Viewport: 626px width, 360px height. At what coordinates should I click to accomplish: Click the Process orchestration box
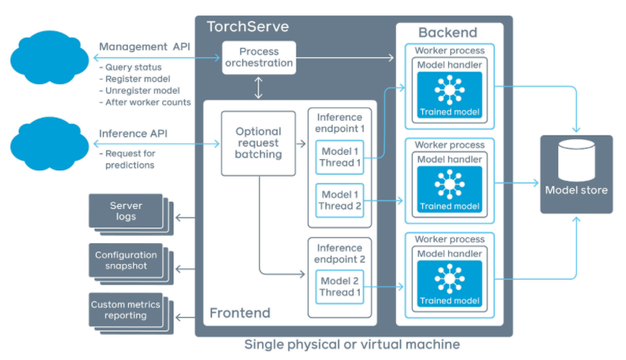[x=259, y=57]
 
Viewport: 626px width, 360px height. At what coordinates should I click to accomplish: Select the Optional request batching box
[x=258, y=143]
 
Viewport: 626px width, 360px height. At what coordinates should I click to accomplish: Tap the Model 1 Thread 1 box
[x=341, y=158]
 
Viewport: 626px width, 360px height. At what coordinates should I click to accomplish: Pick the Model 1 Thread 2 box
[x=341, y=200]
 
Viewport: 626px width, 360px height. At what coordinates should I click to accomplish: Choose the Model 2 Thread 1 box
[x=341, y=286]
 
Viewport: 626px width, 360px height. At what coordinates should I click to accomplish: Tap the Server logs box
[x=126, y=210]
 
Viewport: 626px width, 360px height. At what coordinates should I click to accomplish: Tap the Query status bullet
[x=133, y=68]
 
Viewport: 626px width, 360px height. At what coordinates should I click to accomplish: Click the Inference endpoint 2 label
[x=339, y=254]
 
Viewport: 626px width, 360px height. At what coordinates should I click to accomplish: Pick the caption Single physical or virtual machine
[x=352, y=345]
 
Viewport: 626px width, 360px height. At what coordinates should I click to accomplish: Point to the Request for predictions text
[x=130, y=159]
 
